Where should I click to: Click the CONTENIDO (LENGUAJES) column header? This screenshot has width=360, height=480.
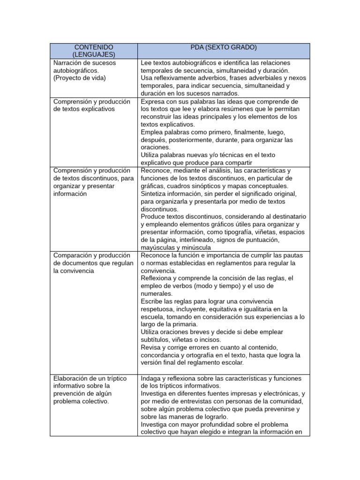(x=93, y=51)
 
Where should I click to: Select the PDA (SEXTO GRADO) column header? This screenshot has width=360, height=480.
(x=224, y=47)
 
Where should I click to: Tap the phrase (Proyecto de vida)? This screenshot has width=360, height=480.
(x=80, y=78)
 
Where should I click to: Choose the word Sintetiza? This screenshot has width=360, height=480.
(x=156, y=194)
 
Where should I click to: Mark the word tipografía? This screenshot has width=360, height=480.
(x=241, y=232)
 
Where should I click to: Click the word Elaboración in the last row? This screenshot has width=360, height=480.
(x=73, y=378)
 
